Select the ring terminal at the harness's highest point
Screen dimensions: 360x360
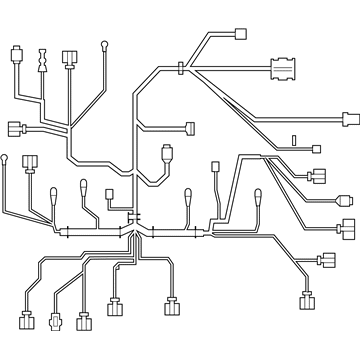coord(106,44)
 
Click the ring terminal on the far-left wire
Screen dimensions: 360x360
coord(6,157)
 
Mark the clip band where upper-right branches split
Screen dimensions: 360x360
coord(179,69)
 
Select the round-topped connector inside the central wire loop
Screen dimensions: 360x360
coord(167,154)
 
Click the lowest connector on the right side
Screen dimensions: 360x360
coord(306,303)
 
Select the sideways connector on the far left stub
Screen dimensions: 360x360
coord(14,128)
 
